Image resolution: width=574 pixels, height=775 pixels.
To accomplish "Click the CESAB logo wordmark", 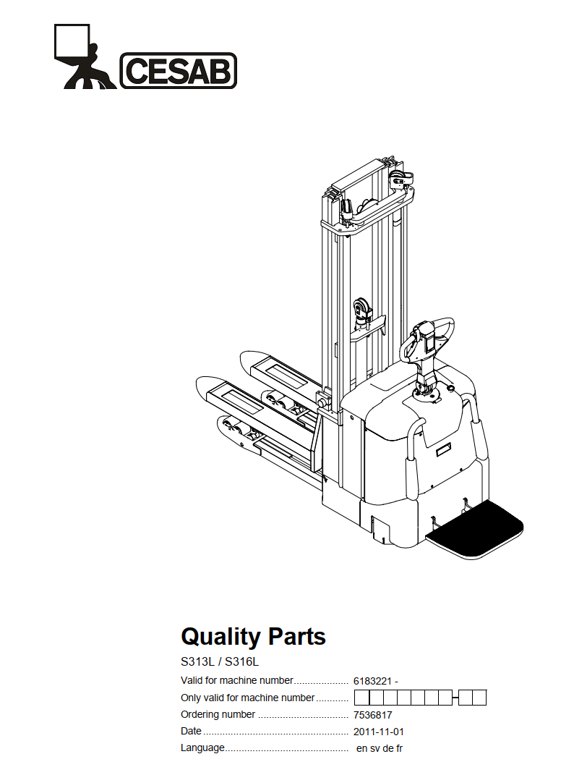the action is coord(179,71).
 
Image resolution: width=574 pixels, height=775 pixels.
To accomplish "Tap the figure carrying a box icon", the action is coord(85,56).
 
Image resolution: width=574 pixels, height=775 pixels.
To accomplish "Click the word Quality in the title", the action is coord(220,637).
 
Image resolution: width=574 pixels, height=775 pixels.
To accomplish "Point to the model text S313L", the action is coord(197,661).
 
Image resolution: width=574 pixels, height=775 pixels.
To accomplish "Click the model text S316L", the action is coord(241,661).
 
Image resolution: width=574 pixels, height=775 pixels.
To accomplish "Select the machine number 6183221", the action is coord(372,681).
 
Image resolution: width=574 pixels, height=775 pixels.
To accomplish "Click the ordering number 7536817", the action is coord(372,715).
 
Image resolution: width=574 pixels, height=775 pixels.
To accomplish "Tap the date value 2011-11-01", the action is coord(378,732).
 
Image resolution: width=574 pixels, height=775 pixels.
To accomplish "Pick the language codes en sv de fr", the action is coord(380,748).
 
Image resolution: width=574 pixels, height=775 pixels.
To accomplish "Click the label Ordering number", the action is coord(218,715).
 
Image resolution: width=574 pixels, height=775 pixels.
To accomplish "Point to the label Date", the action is coord(191,731).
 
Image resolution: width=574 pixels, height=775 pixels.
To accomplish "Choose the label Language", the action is coord(202,748).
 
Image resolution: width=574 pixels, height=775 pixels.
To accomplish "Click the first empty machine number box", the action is coord(362,698).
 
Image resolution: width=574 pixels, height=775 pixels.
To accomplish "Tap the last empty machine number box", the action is coord(479,698).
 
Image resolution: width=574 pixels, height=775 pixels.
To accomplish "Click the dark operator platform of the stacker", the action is coord(475,529).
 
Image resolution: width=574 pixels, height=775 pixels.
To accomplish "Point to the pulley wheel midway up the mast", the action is coord(361,310).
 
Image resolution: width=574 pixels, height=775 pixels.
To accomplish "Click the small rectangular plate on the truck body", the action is coord(443,450).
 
